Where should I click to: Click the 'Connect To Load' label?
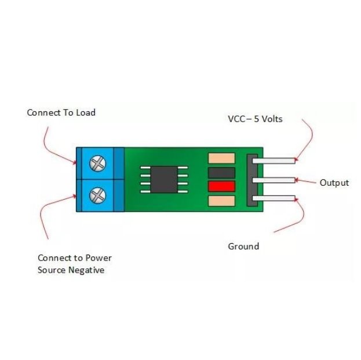tap(61, 112)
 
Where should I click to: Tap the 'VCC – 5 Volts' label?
tap(263, 119)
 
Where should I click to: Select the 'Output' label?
tap(334, 183)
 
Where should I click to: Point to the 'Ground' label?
tap(243, 247)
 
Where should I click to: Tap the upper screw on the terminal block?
tap(97, 163)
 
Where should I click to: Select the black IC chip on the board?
tap(165, 179)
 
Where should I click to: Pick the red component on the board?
tap(221, 186)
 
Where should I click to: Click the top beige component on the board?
tap(221, 158)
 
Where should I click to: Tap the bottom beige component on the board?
tap(221, 201)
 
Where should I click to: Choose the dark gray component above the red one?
tap(221, 172)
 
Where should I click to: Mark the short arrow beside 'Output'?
tap(307, 181)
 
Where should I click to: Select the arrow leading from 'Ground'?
tap(293, 220)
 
